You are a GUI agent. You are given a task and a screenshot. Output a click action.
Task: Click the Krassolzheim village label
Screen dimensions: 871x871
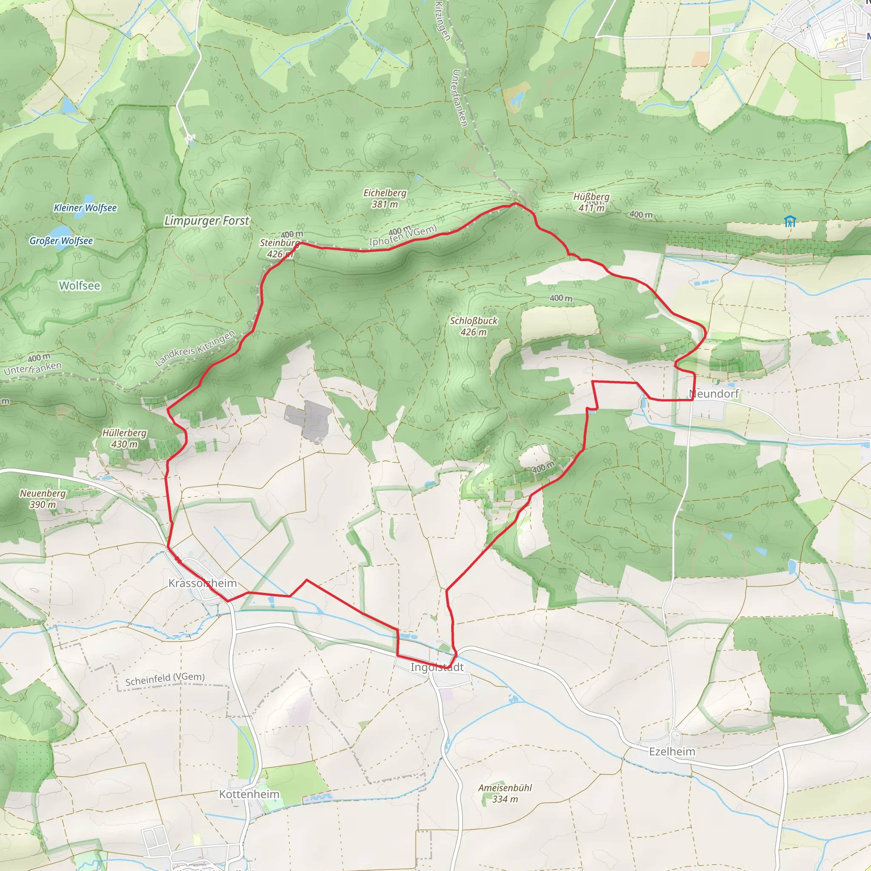click(202, 584)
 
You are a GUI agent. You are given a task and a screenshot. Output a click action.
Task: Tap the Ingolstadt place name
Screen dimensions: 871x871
click(436, 667)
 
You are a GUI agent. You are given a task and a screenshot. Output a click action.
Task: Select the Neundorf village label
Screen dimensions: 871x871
click(714, 394)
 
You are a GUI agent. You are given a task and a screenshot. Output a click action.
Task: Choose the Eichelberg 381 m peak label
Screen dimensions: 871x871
click(384, 198)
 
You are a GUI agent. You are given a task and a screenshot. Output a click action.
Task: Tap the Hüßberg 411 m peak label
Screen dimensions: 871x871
click(591, 202)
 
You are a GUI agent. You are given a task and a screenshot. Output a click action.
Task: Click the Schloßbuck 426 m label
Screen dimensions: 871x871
click(473, 326)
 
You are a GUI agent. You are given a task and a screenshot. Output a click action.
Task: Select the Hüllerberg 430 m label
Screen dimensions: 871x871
click(125, 438)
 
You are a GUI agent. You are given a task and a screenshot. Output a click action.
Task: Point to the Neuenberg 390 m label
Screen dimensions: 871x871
click(43, 498)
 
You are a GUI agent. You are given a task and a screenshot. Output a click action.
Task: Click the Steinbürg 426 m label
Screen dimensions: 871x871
click(279, 248)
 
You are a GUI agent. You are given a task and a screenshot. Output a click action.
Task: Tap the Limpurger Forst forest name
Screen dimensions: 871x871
click(206, 221)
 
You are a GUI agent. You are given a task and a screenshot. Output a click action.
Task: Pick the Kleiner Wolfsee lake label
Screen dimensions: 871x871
click(85, 208)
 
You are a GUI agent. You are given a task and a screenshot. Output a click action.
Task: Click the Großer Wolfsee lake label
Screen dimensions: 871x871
click(61, 241)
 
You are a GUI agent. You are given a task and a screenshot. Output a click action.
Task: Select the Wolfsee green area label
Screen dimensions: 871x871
click(80, 286)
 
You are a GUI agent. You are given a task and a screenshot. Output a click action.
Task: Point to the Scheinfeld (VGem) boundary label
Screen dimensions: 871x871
click(165, 679)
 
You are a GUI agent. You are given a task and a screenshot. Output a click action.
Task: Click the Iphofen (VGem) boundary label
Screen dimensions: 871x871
click(403, 235)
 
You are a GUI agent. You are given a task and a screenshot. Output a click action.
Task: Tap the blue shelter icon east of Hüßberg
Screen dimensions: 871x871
click(789, 221)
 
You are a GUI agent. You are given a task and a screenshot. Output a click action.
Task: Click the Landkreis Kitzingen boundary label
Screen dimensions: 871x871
click(195, 348)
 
